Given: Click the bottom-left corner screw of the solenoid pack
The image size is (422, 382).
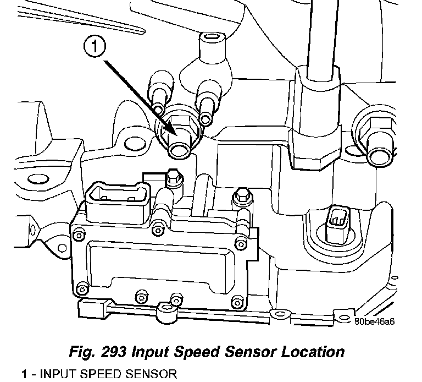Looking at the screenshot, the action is click(83, 288).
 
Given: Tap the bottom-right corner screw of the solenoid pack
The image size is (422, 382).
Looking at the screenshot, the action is click(237, 301).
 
